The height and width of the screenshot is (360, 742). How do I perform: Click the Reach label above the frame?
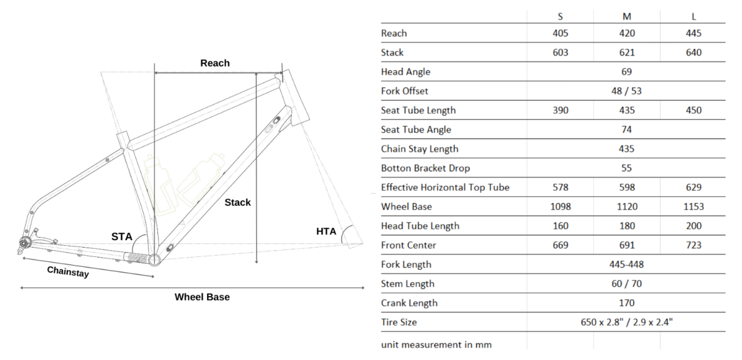pos(215,63)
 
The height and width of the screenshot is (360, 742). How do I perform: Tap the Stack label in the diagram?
pos(238,203)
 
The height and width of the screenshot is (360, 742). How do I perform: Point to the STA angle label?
pos(122,236)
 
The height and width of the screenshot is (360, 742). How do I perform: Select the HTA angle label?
pos(326,232)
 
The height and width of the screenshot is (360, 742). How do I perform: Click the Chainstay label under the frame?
pos(68,271)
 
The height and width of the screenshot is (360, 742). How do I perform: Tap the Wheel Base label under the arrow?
pos(202,297)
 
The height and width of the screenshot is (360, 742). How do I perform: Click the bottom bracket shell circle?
pos(154,259)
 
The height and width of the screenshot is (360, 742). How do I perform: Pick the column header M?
pos(627,16)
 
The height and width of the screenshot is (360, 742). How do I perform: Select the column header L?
pos(693,16)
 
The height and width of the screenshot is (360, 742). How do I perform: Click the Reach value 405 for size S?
pos(560,33)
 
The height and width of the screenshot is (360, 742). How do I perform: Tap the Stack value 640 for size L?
pos(693,53)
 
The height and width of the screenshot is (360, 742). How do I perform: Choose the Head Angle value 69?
pos(627,72)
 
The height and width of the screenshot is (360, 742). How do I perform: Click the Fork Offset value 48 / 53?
pos(627,91)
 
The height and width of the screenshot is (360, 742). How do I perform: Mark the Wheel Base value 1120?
pos(627,207)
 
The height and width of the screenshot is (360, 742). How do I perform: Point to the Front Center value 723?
pos(693,245)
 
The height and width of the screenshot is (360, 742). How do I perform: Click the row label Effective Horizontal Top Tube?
pos(445,187)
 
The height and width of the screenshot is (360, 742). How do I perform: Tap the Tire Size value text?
pos(627,323)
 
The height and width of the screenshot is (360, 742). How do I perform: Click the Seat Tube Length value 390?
pos(560,110)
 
